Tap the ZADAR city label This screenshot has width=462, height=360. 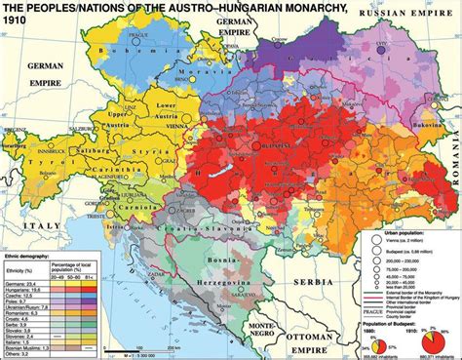click(x=139, y=242)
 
